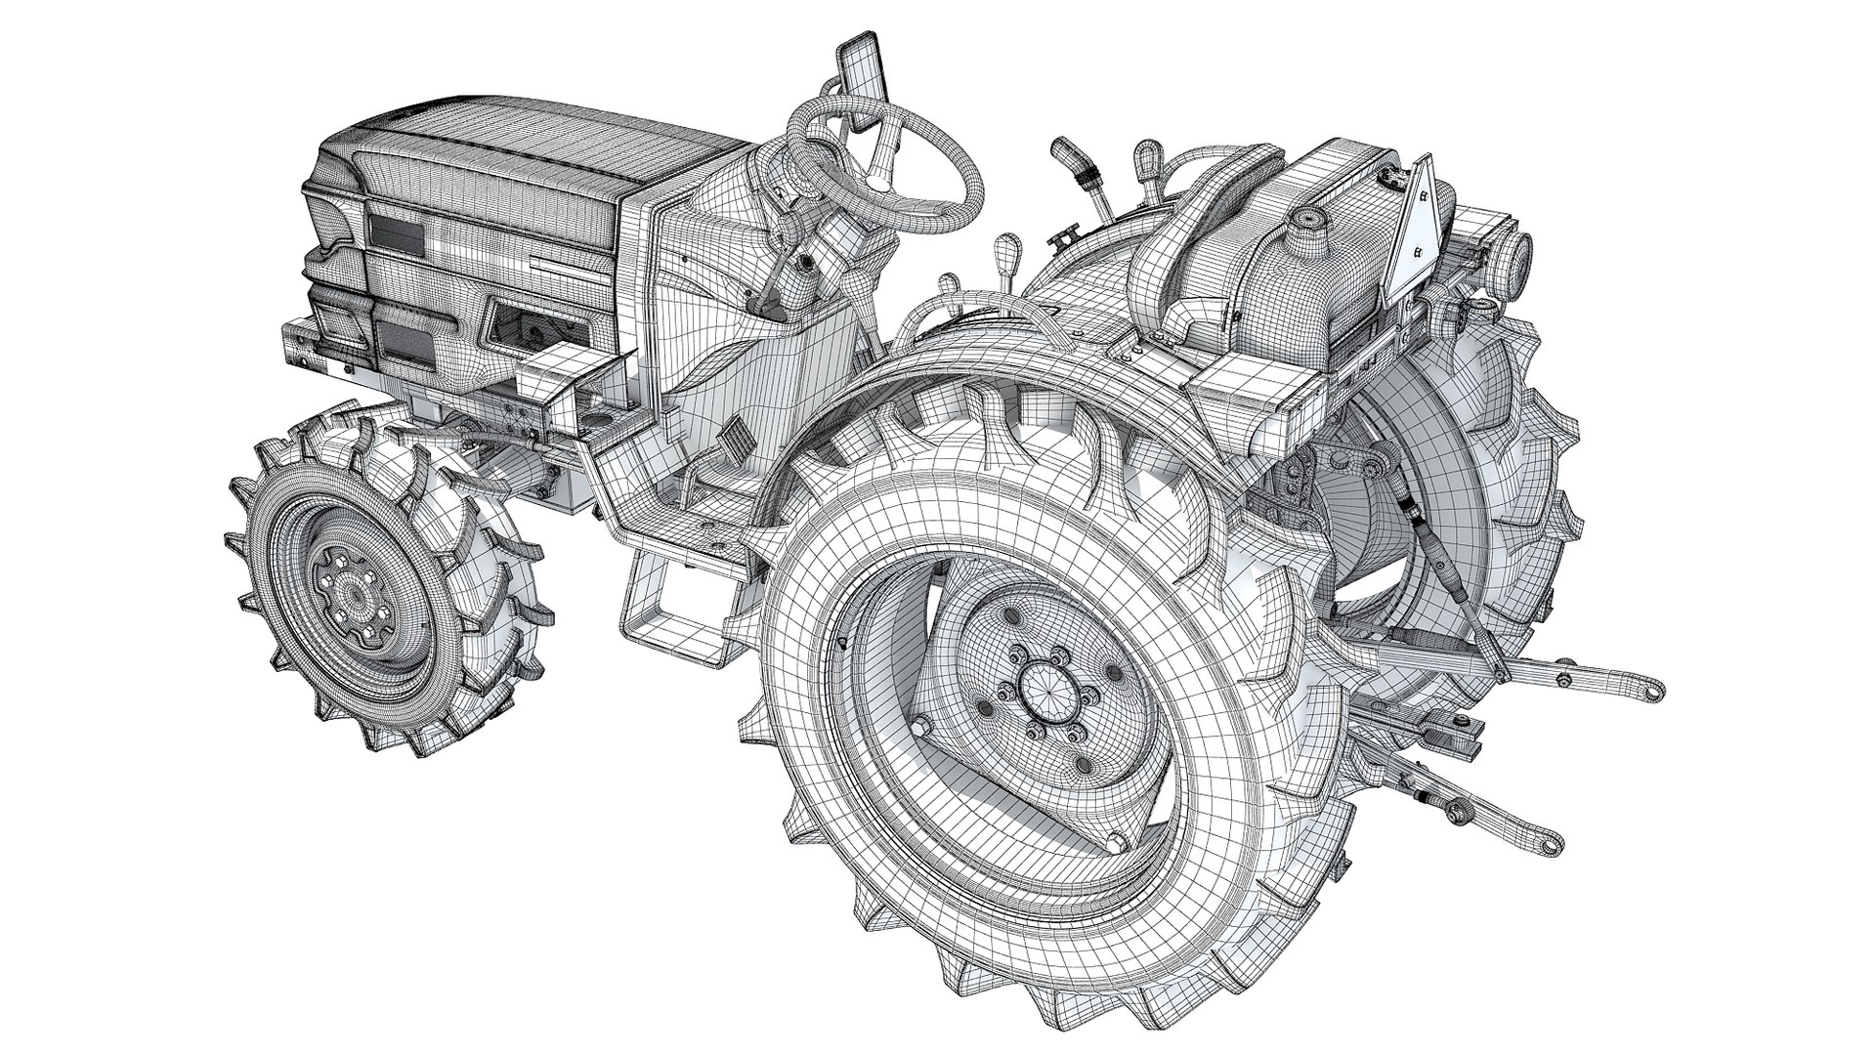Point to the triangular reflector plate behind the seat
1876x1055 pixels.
pyautogui.click(x=1417, y=226)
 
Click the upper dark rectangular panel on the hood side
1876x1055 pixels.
pyautogui.click(x=396, y=239)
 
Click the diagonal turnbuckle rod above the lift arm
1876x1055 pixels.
pyautogui.click(x=1456, y=586)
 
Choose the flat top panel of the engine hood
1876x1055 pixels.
pyautogui.click(x=547, y=137)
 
